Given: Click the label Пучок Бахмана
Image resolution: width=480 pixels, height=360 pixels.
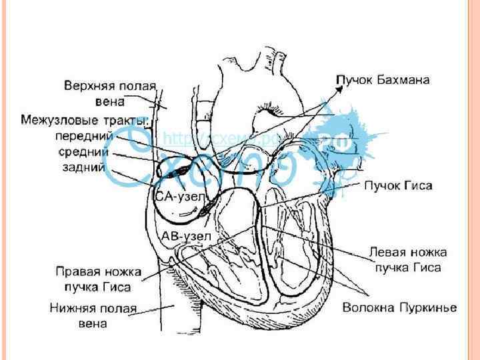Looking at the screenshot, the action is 383,79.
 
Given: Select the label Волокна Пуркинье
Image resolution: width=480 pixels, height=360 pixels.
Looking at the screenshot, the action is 399,307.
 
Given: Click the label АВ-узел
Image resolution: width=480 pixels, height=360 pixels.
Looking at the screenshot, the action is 186,236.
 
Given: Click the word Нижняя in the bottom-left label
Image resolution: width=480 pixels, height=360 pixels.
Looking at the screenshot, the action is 75,308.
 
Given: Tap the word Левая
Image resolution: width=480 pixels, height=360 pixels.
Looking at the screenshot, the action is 388,253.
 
